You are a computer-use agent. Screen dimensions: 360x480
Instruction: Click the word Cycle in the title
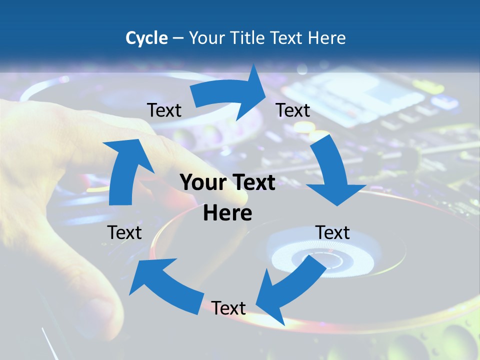click(146, 38)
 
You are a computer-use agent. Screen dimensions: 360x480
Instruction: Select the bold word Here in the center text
click(227, 213)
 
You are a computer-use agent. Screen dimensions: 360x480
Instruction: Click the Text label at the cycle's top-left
click(164, 110)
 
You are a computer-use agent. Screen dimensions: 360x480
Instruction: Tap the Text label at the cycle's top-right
click(293, 110)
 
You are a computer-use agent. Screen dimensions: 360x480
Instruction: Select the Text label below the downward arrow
click(332, 232)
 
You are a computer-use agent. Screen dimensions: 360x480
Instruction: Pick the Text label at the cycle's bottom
click(228, 308)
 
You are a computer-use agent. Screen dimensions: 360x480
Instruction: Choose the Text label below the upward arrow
click(124, 232)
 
